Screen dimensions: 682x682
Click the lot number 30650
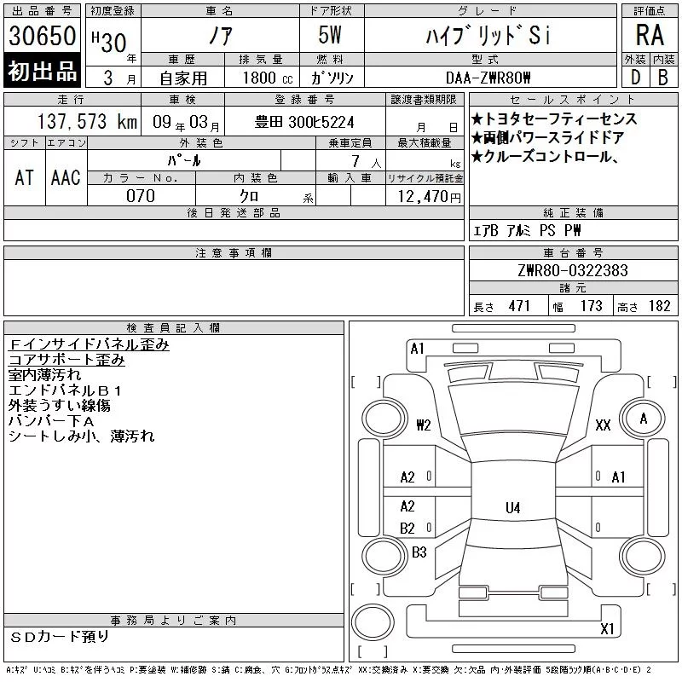click(42, 35)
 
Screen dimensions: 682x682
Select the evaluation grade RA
click(650, 35)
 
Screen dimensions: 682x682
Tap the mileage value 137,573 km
click(87, 121)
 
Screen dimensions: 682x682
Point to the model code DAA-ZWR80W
click(488, 78)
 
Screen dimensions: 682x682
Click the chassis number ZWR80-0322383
click(573, 270)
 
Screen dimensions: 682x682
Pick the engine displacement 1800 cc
click(268, 78)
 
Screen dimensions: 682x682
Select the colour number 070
click(141, 196)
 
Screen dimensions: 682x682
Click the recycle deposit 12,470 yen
click(430, 197)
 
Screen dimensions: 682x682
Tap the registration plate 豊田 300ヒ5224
click(304, 122)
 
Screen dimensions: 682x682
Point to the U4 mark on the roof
click(513, 507)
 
